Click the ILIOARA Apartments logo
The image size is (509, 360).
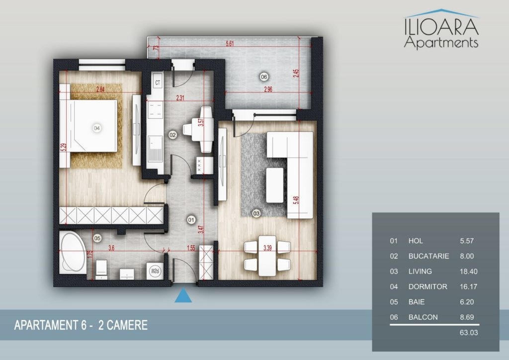pyautogui.click(x=441, y=29)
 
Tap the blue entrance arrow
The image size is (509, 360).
pyautogui.click(x=183, y=295)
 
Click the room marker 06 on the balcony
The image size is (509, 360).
pyautogui.click(x=264, y=77)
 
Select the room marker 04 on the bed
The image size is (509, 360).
pyautogui.click(x=96, y=128)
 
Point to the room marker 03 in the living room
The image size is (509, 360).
pyautogui.click(x=256, y=213)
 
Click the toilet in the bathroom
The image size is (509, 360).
pyautogui.click(x=101, y=270)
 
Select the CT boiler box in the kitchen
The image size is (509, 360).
pyautogui.click(x=158, y=83)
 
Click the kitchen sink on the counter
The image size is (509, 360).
pyautogui.click(x=155, y=149)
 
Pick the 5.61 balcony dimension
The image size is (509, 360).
pyautogui.click(x=230, y=43)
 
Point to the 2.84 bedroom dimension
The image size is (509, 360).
pyautogui.click(x=100, y=90)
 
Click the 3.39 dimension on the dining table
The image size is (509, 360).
pyautogui.click(x=267, y=248)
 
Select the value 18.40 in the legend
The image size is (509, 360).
pyautogui.click(x=468, y=271)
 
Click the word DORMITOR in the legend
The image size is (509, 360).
pyautogui.click(x=427, y=286)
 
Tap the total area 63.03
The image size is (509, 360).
pyautogui.click(x=469, y=333)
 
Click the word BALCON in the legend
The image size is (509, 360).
pyautogui.click(x=423, y=317)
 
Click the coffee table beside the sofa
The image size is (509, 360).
pyautogui.click(x=274, y=185)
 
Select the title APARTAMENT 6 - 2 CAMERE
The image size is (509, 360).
pyautogui.click(x=81, y=325)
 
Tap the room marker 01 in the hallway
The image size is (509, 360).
pyautogui.click(x=191, y=220)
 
